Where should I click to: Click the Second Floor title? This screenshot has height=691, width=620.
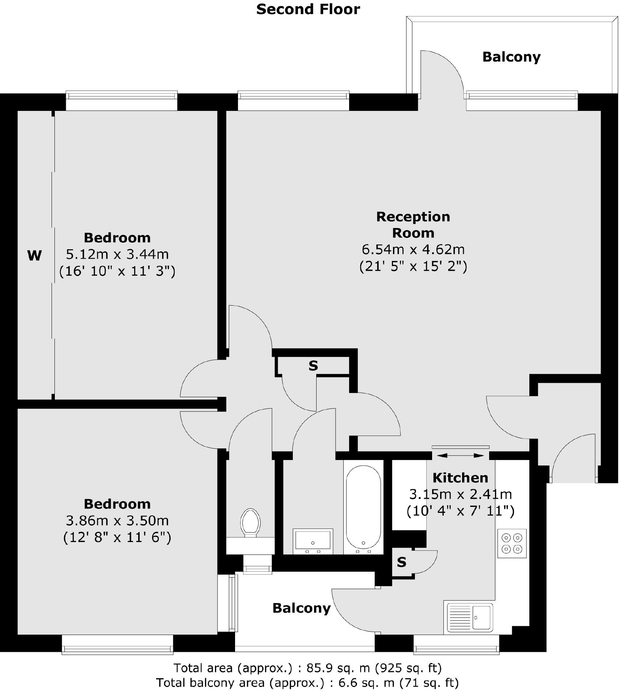tap(308, 9)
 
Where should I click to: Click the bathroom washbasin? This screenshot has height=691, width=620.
tap(313, 540)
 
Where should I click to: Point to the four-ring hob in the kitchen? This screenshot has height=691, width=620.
tap(511, 543)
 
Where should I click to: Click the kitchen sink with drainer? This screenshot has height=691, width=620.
tap(470, 617)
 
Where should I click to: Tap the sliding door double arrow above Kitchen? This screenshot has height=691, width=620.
tap(460, 455)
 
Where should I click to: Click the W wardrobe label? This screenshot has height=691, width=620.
tap(34, 255)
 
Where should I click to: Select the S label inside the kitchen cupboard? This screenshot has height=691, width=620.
tap(401, 562)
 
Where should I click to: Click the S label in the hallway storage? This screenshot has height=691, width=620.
tap(313, 365)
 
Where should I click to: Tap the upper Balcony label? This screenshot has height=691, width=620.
tap(511, 57)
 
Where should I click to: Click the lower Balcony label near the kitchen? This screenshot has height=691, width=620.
tap(301, 608)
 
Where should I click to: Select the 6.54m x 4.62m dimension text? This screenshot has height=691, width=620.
tap(413, 249)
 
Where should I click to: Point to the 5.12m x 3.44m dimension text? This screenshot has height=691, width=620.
tap(117, 254)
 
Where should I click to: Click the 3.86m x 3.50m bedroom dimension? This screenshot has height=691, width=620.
tap(117, 520)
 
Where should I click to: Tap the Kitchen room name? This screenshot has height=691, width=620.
tap(460, 478)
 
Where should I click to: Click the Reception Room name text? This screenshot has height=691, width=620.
tap(413, 224)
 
